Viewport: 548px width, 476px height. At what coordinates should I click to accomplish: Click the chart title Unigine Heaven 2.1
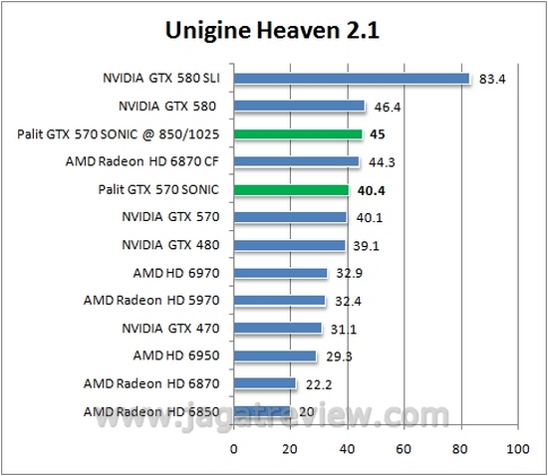[274, 32]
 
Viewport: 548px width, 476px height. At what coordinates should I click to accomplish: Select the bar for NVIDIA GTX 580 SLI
[352, 79]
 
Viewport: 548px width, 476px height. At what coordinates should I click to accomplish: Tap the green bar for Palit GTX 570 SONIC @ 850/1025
[298, 133]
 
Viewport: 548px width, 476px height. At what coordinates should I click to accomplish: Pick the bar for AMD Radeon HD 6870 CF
[296, 161]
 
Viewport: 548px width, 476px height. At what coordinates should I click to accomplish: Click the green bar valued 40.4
[291, 189]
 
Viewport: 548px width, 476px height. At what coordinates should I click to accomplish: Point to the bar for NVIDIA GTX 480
[289, 245]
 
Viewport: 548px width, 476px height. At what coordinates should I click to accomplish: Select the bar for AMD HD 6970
[280, 272]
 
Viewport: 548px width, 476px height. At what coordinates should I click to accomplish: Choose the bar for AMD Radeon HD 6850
[262, 410]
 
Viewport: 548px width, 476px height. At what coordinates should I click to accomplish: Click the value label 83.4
[492, 79]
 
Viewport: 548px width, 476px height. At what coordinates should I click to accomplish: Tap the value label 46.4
[387, 106]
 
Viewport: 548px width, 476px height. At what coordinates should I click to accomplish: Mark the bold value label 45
[378, 133]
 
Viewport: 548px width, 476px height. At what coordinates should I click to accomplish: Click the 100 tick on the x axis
[517, 449]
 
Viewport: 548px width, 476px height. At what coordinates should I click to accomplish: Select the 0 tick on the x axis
[234, 449]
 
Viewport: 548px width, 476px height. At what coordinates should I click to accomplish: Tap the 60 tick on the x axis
[404, 449]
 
